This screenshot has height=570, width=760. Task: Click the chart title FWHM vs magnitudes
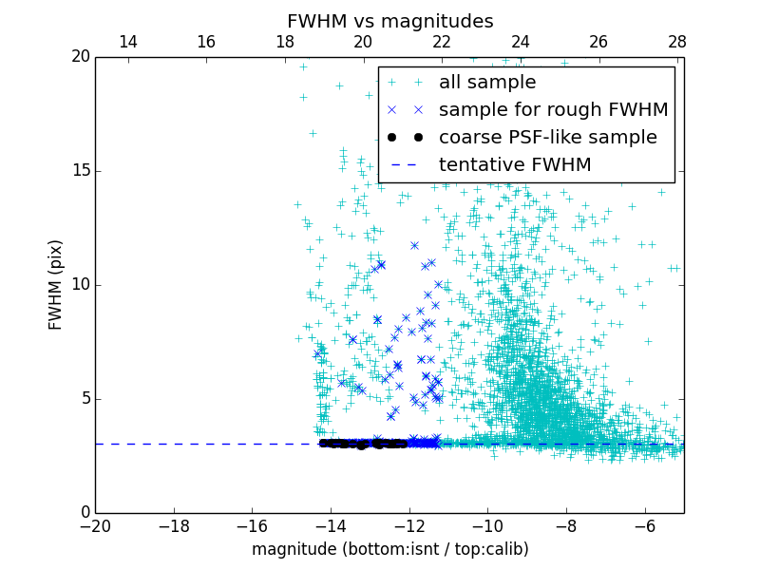[389, 21]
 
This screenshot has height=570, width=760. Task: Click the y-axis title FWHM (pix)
[56, 284]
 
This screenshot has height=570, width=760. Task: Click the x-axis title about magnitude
[389, 549]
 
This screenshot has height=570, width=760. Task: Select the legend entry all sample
[486, 83]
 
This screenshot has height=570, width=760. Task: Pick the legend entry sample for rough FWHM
[553, 110]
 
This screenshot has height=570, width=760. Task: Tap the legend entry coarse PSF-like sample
[547, 138]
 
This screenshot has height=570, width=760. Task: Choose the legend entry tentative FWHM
[514, 165]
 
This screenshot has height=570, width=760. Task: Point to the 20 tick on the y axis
[80, 57]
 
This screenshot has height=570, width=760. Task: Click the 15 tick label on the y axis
[80, 171]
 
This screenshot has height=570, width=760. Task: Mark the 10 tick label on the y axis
[80, 285]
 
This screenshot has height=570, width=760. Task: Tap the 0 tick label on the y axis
[85, 513]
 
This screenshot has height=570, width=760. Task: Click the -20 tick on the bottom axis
[95, 525]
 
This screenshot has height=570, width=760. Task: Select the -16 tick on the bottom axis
[252, 525]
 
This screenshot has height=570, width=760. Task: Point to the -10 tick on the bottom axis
[487, 525]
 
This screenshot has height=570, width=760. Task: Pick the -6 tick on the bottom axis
[644, 525]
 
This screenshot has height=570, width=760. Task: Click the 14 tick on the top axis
[127, 43]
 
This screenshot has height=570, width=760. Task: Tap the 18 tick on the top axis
[285, 43]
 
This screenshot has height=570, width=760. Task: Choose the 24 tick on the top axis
[521, 43]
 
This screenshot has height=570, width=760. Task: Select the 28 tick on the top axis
[677, 43]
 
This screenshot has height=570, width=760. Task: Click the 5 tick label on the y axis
[85, 399]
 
